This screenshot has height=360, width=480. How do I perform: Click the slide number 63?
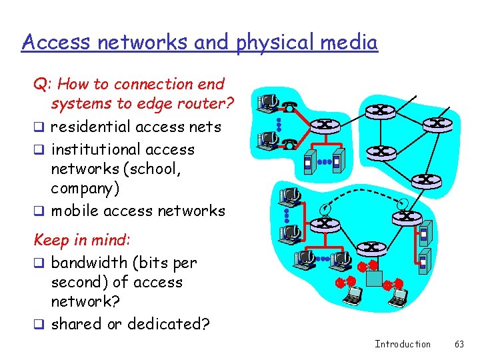(x=459, y=344)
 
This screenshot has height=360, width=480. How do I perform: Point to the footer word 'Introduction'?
(x=403, y=344)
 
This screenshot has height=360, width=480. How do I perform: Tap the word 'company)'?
(x=85, y=188)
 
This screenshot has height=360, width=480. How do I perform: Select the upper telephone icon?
(x=290, y=106)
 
